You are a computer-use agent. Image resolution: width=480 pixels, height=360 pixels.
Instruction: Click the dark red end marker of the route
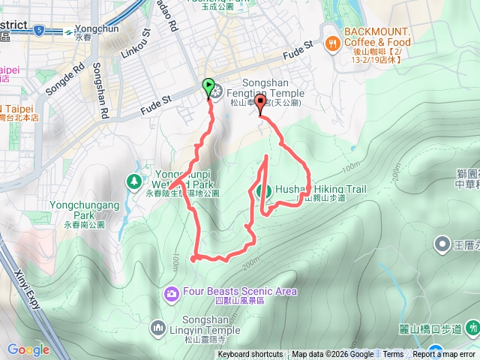260,103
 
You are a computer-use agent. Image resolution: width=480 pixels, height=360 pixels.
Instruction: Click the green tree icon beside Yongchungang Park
133,181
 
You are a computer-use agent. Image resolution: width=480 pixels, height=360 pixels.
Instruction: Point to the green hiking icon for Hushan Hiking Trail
263,191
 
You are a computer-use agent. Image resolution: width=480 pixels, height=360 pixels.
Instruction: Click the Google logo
28,349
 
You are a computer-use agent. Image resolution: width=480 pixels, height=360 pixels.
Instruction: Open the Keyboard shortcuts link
250,355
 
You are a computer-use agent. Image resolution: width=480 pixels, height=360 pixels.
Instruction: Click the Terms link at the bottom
392,355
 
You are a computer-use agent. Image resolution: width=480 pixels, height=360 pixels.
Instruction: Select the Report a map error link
445,355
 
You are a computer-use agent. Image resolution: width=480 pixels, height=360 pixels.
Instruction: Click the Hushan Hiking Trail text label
320,189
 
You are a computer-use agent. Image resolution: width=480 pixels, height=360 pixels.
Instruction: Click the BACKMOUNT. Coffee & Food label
378,36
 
